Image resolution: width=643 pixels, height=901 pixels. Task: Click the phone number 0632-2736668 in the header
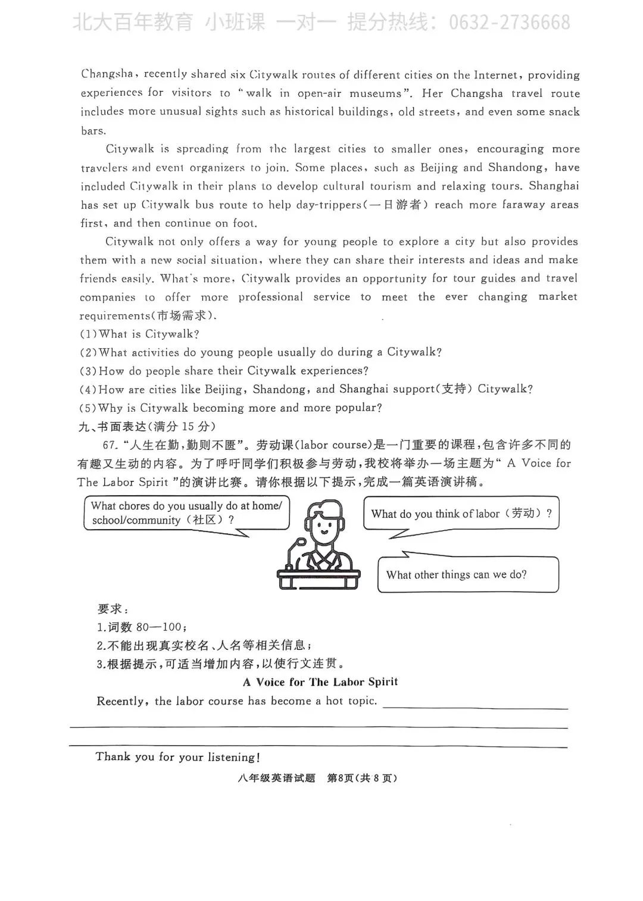pos(509,23)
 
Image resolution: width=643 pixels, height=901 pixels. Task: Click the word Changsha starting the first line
pos(107,74)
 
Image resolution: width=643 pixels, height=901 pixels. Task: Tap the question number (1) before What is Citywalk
pos(88,334)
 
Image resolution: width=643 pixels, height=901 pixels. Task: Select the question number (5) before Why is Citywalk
pos(88,408)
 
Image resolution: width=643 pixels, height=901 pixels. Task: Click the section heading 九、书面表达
pos(113,427)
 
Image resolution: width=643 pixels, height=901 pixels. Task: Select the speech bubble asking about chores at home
pos(186,513)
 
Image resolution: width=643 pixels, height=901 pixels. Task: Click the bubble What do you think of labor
pos(461,514)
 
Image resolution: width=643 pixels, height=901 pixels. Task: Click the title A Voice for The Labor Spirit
pos(320,682)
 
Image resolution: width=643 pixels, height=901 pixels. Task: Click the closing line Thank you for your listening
pos(177,757)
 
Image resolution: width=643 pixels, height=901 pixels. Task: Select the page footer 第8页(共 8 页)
pos(362,778)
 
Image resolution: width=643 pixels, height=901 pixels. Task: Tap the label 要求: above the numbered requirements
pos(113,609)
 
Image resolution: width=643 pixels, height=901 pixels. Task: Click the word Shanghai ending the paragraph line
pos(554,186)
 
